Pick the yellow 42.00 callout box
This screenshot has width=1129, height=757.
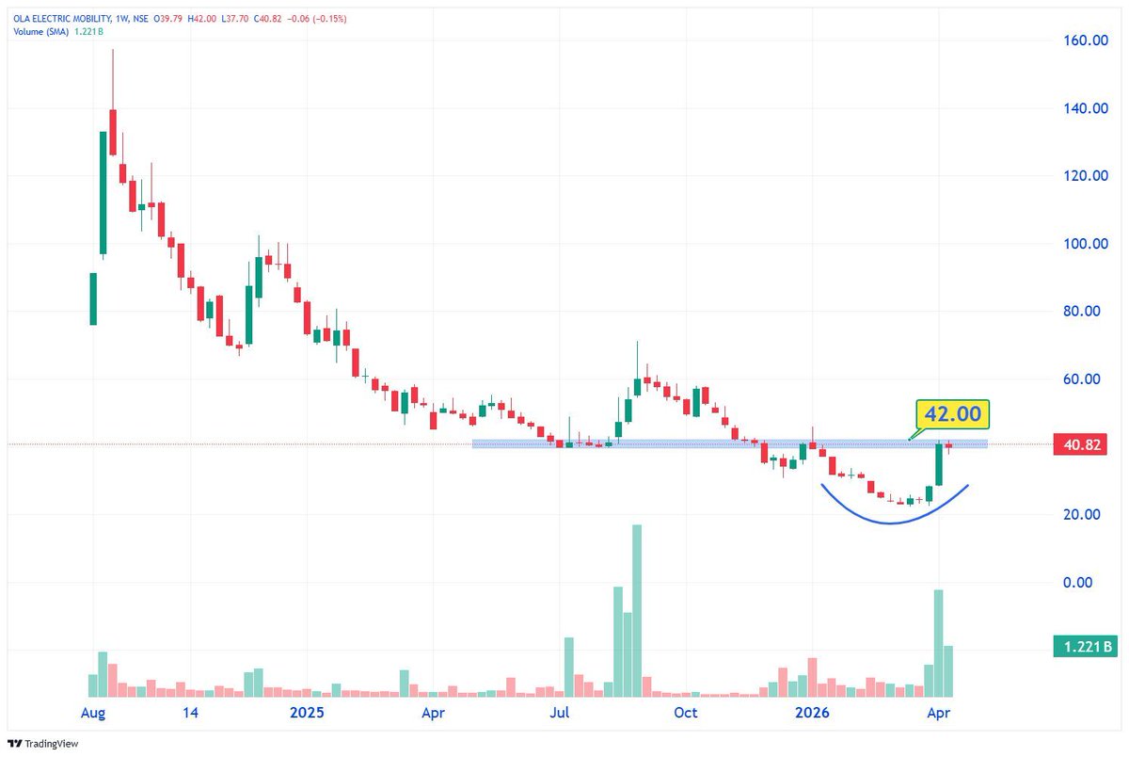[953, 414]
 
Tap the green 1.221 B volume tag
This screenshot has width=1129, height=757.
[1084, 647]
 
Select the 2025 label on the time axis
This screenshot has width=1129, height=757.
[307, 713]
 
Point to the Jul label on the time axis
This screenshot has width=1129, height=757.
[560, 713]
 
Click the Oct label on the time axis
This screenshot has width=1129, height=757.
[686, 713]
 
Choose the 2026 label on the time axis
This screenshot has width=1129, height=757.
[812, 713]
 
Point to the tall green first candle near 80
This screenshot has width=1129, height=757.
[93, 298]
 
